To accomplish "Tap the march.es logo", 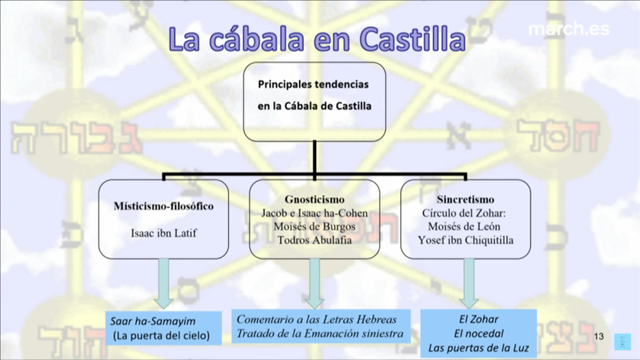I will (x=568, y=30).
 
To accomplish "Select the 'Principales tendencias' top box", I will (x=314, y=95).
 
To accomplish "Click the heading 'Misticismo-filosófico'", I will (x=164, y=206).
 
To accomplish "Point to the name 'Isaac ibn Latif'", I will (x=164, y=232).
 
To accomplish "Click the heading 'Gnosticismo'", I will (x=314, y=200).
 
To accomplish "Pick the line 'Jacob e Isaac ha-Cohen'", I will (x=314, y=213).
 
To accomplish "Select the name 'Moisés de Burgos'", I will (x=314, y=226).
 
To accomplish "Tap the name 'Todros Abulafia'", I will (x=314, y=240).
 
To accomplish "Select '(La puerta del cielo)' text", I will (x=162, y=335).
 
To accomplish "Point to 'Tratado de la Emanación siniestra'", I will (x=320, y=334).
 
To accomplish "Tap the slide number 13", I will (x=599, y=337).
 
